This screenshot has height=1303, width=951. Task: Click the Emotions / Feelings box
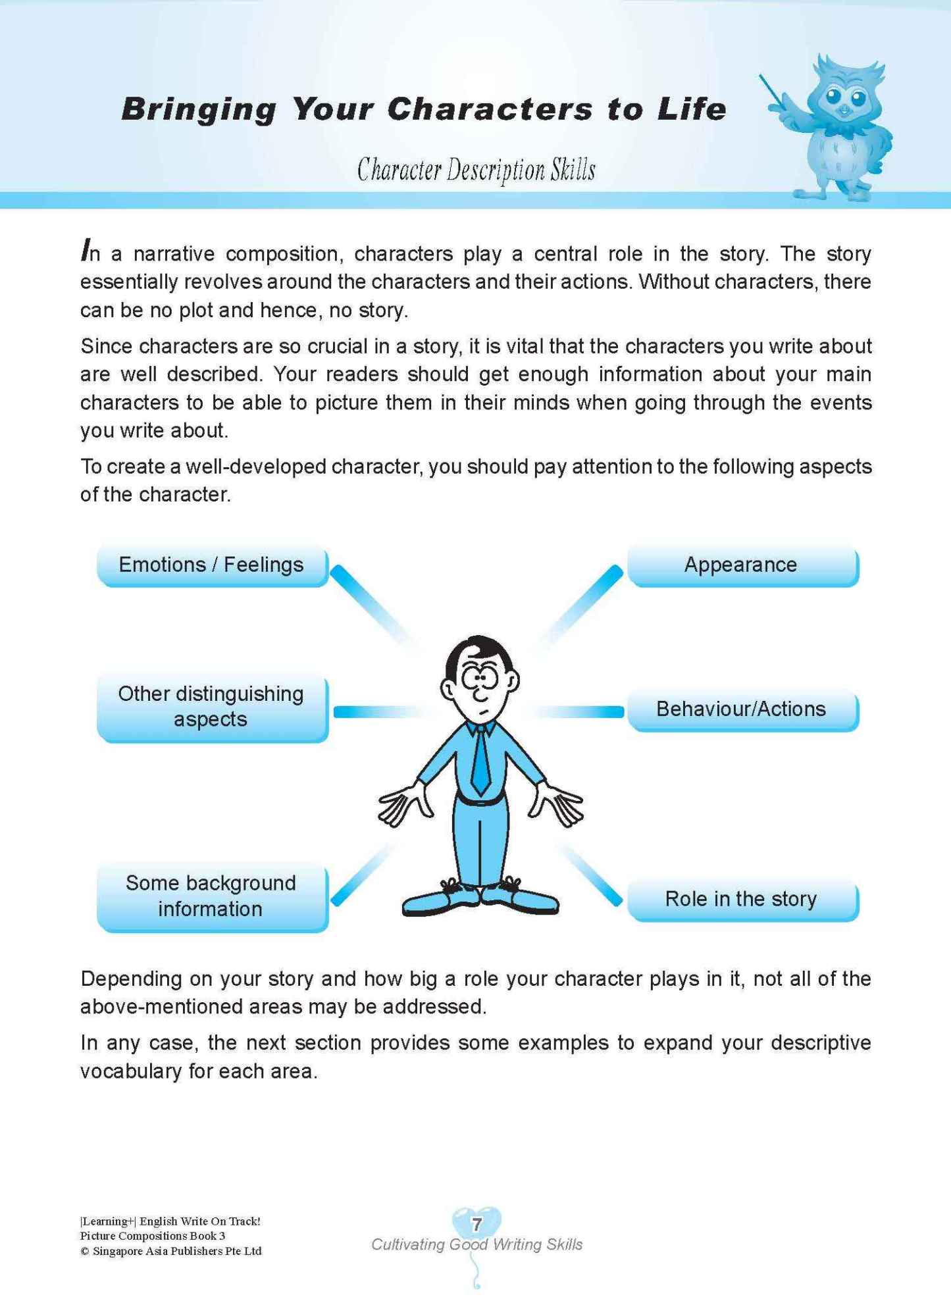pyautogui.click(x=212, y=565)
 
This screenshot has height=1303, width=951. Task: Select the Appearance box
pyautogui.click(x=742, y=565)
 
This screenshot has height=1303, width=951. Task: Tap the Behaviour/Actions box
pyautogui.click(x=742, y=709)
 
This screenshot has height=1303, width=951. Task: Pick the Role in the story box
pyautogui.click(x=742, y=899)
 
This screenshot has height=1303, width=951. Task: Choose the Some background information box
pyautogui.click(x=212, y=896)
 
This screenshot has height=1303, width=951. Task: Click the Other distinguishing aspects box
pyautogui.click(x=212, y=707)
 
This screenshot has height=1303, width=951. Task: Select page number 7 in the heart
pyautogui.click(x=477, y=1225)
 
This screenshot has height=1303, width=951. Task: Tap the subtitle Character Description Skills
pyautogui.click(x=476, y=170)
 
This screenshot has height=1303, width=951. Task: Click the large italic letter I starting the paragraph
pyautogui.click(x=85, y=250)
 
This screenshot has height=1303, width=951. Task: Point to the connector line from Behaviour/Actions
pyautogui.click(x=579, y=711)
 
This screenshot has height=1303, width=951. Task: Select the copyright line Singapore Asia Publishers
pyautogui.click(x=171, y=1251)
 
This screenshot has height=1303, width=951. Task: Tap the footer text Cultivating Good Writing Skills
pyautogui.click(x=476, y=1244)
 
